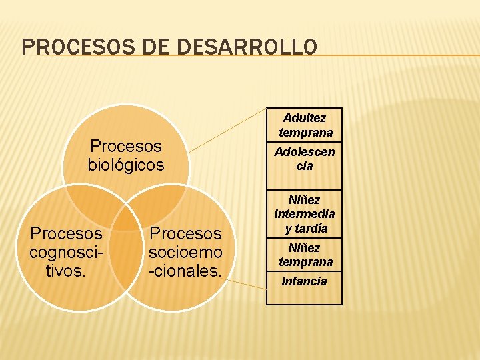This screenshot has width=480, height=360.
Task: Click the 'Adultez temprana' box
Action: [305, 125]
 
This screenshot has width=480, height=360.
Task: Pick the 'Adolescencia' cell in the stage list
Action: [305, 159]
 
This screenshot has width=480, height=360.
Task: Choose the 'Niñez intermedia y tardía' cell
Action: [305, 214]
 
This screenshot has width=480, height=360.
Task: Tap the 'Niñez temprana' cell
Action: [305, 255]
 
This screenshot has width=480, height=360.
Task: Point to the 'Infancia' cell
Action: [305, 281]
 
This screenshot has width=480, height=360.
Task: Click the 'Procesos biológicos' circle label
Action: [125, 155]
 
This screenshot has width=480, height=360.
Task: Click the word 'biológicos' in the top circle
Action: [125, 165]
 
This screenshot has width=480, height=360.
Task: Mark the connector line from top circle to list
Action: [227, 130]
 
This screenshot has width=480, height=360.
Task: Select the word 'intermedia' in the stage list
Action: [305, 214]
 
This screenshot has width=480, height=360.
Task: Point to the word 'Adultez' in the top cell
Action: [305, 118]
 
